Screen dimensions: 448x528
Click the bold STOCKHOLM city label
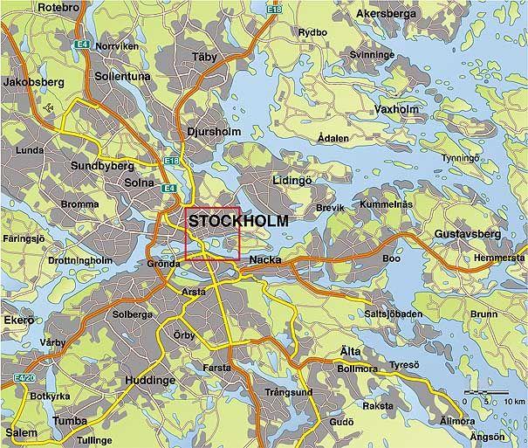tap(238, 222)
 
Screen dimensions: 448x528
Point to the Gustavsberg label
tap(467, 235)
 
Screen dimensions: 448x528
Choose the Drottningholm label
tap(85, 260)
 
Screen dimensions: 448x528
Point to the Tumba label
tap(70, 421)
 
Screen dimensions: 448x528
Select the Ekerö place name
tap(17, 320)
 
